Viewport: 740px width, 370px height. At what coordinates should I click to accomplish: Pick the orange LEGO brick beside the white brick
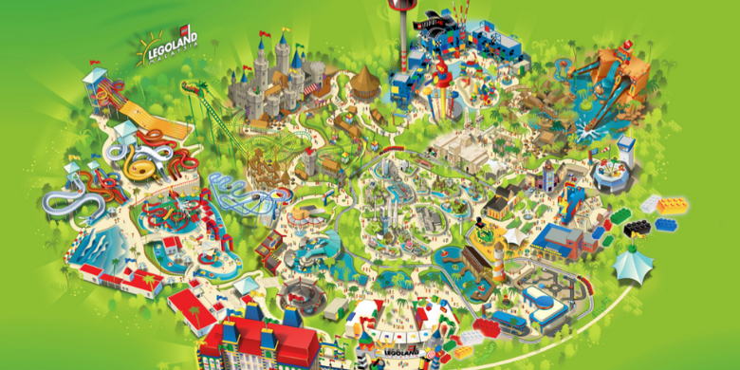pos(673,203)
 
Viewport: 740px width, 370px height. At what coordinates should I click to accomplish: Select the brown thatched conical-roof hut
pos(363,83)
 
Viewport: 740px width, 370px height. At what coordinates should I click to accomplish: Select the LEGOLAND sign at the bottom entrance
pos(402,353)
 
